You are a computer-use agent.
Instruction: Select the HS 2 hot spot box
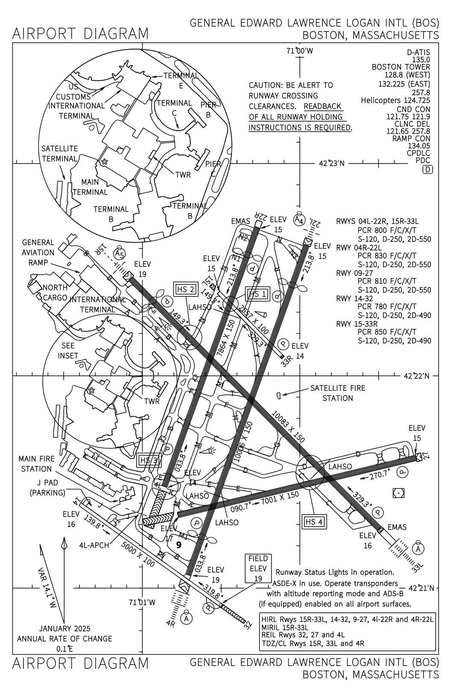point(186,290)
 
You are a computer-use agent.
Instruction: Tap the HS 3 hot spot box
point(149,460)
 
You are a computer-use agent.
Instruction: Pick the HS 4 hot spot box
point(314,521)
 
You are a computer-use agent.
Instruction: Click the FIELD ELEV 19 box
point(258,568)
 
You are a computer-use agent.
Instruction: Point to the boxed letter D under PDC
point(427,170)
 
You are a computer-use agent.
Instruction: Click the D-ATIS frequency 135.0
point(421,60)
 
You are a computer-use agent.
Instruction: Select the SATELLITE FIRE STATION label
point(337,393)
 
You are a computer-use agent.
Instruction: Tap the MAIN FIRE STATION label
point(36,464)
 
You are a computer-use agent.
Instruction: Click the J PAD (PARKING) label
point(47,488)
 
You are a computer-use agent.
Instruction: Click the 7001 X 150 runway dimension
point(275,498)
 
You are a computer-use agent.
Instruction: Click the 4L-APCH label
point(94,545)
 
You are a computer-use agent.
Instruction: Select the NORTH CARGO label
point(54,293)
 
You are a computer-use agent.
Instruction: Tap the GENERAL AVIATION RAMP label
point(38,252)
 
